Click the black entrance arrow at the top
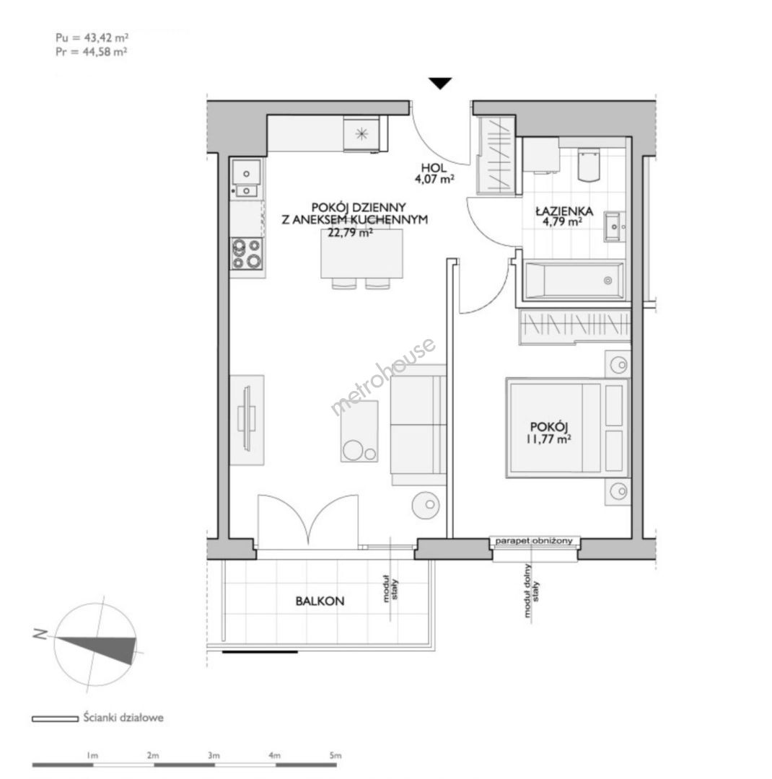pos(440,84)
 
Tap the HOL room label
pos(434,168)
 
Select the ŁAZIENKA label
pos(564,211)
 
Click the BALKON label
pos(320,601)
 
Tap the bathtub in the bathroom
pos(574,281)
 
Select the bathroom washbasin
pos(615,226)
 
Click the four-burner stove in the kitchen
pos(247,253)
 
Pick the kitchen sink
pos(245,178)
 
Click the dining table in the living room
pos(362,253)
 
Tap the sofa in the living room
pos(418,425)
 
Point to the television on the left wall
pos(247,419)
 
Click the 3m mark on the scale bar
pos(214,755)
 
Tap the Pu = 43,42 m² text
pos(92,38)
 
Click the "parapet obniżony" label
pos(535,540)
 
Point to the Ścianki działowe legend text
pos(123,718)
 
